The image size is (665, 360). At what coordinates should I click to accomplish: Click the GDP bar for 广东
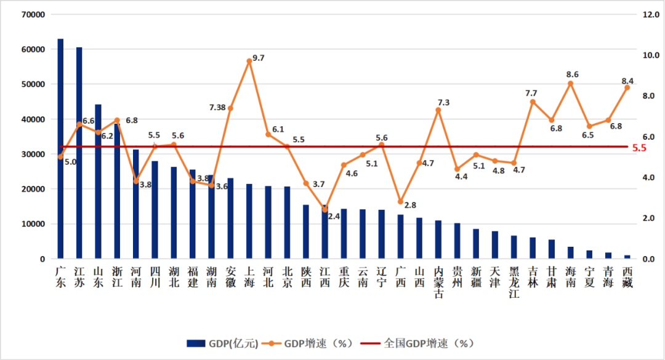point(60,149)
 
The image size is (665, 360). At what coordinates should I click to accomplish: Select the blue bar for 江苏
point(79,153)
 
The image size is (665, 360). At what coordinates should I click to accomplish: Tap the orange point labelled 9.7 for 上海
point(249,61)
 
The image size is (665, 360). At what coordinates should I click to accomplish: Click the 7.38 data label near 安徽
point(217,108)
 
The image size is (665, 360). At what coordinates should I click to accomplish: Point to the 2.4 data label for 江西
point(334,216)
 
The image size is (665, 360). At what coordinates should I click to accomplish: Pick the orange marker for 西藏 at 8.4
point(627,88)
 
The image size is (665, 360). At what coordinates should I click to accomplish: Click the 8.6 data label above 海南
point(572,74)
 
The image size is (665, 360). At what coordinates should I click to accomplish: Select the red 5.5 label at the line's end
point(639,148)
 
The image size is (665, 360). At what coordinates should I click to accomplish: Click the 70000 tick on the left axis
point(33,15)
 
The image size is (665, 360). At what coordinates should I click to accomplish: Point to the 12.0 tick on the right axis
point(651,15)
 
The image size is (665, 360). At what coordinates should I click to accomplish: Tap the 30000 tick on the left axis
point(33,154)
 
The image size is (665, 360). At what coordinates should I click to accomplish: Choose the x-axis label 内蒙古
point(438,282)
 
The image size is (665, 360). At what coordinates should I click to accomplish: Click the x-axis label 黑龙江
point(514,282)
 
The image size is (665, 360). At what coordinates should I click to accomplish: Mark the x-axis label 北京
point(287,278)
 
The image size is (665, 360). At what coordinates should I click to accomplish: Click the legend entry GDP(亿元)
point(222,343)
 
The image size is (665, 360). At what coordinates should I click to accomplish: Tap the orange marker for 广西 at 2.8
point(400,201)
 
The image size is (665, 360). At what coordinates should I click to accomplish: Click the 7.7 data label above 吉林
point(531,94)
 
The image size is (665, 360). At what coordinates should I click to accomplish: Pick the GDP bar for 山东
point(98,182)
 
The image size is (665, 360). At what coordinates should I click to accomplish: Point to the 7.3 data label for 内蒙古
point(443,103)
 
